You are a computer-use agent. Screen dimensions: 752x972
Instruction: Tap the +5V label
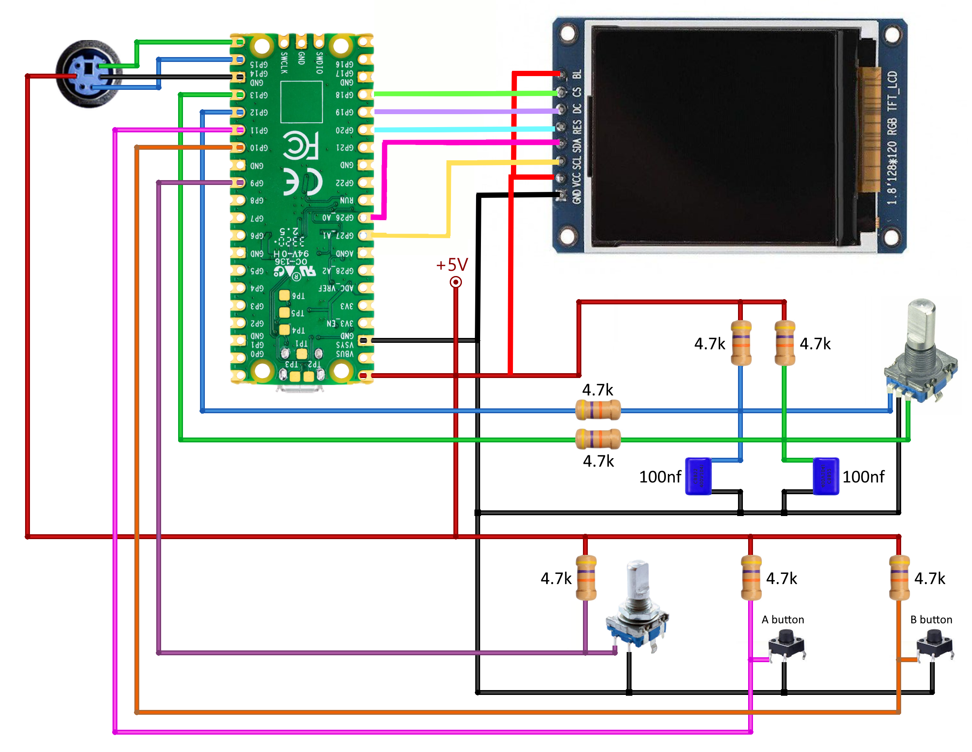coord(452,265)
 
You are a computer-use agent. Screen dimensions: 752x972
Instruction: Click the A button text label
coord(783,620)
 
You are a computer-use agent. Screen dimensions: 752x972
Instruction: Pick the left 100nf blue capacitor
coord(698,476)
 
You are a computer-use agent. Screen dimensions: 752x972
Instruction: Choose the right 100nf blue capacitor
coord(825,476)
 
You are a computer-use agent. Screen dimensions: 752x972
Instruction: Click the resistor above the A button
coord(751,578)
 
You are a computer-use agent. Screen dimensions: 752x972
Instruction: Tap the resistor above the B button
coord(899,578)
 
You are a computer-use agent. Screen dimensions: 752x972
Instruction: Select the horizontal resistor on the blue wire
coord(598,410)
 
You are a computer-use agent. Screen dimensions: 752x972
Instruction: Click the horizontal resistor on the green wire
coord(598,439)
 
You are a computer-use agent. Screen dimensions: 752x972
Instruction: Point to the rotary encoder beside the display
coord(920,356)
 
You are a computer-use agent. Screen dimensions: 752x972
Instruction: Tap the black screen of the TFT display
coord(717,134)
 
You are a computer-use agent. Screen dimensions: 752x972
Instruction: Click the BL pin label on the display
coord(577,74)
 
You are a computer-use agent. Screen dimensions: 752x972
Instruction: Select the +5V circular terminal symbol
coord(456,282)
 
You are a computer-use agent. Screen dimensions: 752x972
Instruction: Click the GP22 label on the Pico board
coord(345,183)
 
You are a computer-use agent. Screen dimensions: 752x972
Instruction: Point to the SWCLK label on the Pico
coord(284,63)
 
